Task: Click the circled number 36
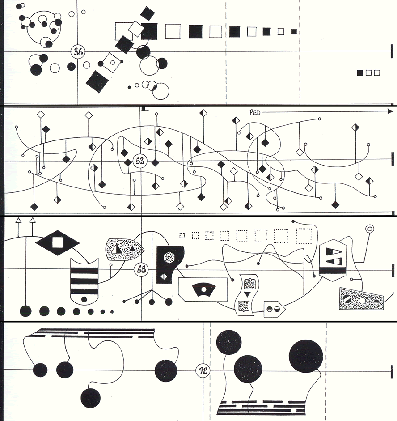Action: [78, 52]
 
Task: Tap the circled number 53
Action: [140, 161]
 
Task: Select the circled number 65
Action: [141, 269]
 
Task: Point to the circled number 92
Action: [203, 371]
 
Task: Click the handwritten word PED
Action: [254, 112]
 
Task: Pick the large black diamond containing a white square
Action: [57, 243]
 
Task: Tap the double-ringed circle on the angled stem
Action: [370, 229]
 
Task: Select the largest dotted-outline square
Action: [304, 236]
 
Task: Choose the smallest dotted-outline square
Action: [182, 236]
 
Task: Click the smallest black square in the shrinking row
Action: [294, 32]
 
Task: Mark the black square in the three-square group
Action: [360, 73]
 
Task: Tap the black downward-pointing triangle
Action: [247, 294]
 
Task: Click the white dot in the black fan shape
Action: [203, 289]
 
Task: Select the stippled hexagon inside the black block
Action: [168, 257]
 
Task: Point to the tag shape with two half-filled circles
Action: [275, 309]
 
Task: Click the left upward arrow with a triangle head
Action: [18, 228]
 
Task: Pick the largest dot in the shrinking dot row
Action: [25, 311]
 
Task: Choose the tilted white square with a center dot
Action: [112, 63]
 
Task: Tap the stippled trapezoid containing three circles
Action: [361, 299]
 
